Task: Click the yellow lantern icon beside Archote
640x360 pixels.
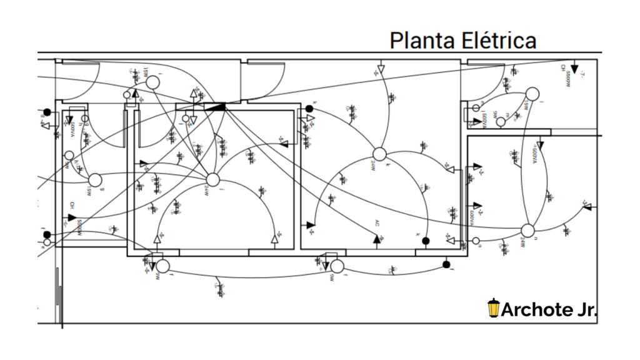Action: point(494,308)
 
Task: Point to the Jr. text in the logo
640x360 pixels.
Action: point(584,309)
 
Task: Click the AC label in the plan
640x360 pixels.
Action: point(377,223)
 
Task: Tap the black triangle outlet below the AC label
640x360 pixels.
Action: point(377,239)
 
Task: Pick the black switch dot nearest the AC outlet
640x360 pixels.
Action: point(426,241)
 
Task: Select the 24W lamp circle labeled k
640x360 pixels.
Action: point(379,154)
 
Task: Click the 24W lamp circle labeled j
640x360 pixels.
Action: point(213,180)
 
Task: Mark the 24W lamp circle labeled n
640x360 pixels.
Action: point(527,231)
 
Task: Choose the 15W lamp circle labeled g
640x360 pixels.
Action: point(95,180)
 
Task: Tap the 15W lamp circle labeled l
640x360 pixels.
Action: point(532,94)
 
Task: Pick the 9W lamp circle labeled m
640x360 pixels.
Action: point(501,122)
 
